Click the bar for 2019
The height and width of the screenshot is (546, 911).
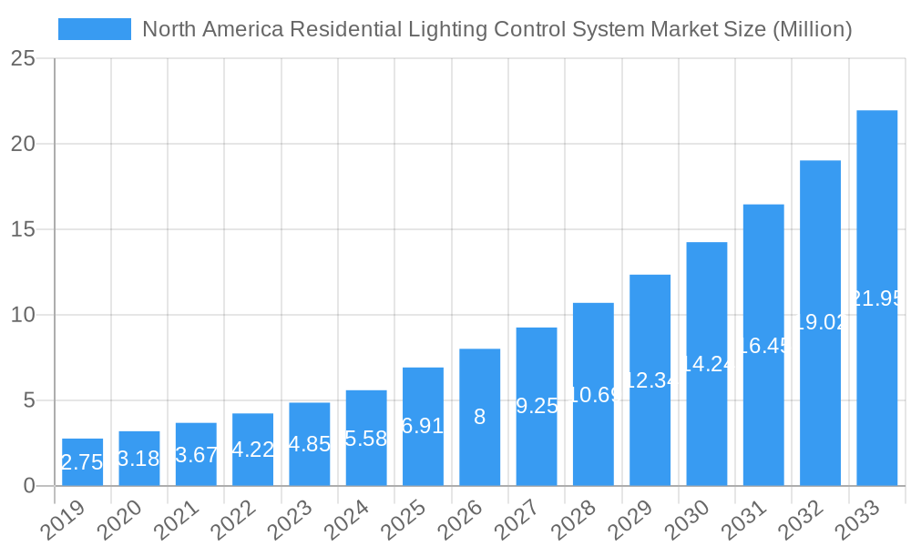point(83,462)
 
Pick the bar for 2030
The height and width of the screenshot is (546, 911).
point(707,364)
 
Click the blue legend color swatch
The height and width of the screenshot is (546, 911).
point(95,29)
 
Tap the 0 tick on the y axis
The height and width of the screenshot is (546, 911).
point(29,486)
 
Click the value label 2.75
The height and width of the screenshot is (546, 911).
point(83,462)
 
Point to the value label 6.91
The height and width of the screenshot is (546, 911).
point(423,426)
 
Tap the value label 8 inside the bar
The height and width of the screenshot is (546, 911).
point(479,417)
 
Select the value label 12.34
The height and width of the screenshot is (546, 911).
point(650,380)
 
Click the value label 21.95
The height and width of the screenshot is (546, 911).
point(876,298)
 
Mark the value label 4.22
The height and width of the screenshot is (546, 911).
point(252,450)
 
